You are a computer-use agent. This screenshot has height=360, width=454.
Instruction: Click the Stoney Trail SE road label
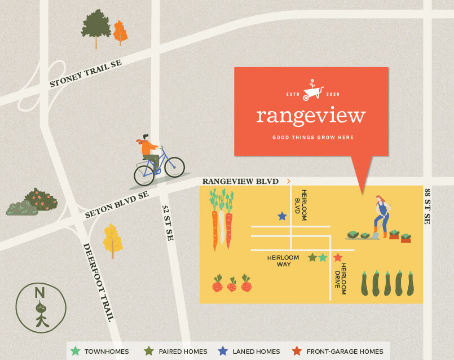(86, 74)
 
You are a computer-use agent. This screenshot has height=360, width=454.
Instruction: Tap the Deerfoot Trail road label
(99, 282)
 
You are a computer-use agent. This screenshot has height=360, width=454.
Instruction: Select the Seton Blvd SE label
(117, 204)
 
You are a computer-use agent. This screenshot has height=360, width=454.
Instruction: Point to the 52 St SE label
(168, 222)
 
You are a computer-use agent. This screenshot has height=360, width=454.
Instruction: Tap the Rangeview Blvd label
(241, 181)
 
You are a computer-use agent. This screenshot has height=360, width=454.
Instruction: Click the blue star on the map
(282, 216)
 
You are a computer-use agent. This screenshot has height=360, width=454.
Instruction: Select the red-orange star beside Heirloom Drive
(338, 258)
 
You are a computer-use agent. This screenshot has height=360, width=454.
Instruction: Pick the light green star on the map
(323, 258)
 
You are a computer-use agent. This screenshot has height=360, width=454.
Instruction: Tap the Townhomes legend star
(76, 351)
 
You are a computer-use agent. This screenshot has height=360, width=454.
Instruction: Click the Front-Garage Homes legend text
(345, 352)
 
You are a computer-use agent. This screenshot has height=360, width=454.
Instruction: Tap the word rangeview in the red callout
(311, 116)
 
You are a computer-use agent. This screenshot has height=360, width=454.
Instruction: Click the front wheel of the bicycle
(174, 166)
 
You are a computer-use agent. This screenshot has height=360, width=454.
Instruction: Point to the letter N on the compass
(39, 293)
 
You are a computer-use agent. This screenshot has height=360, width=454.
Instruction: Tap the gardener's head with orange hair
(381, 199)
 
